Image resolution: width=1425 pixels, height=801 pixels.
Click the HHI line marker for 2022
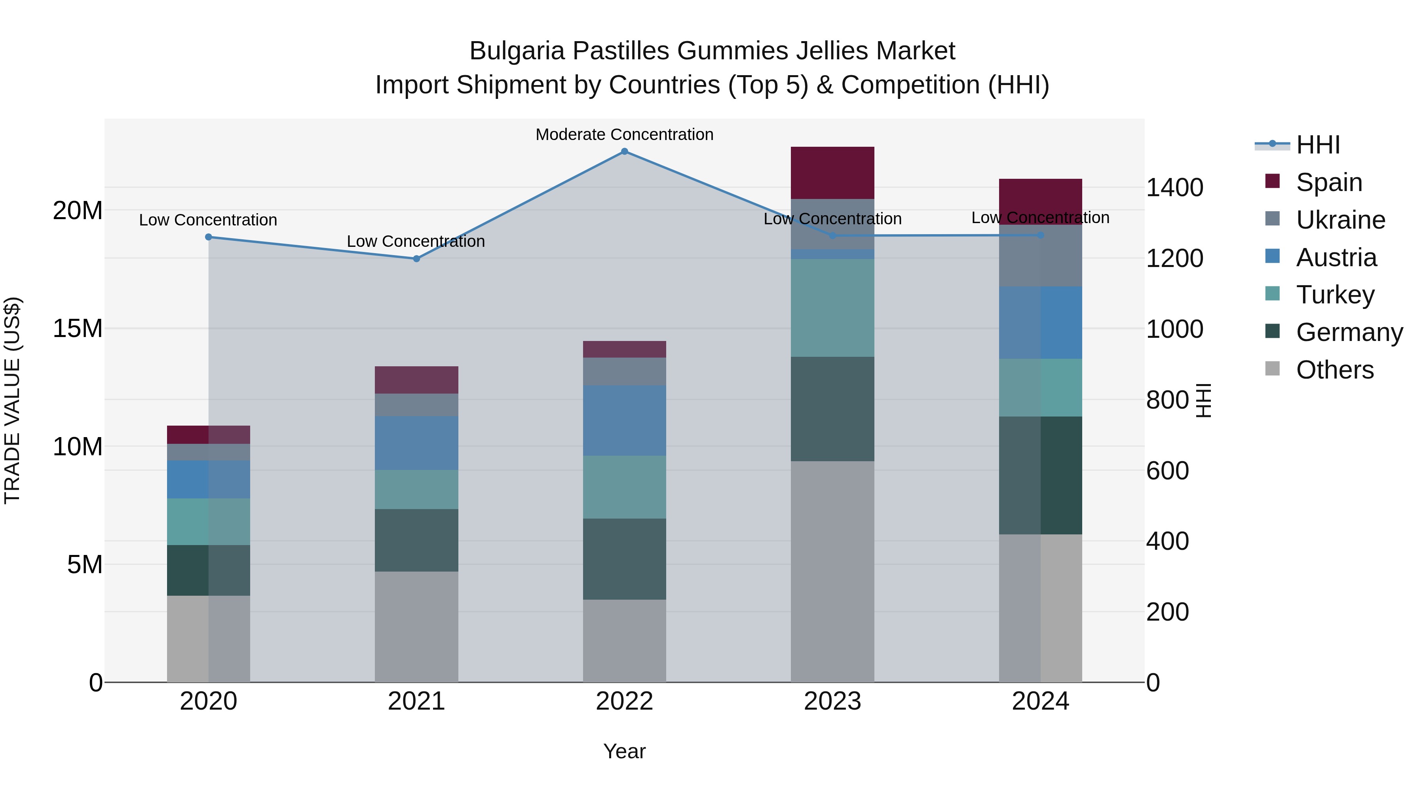click(625, 151)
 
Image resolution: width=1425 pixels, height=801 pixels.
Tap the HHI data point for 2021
click(416, 259)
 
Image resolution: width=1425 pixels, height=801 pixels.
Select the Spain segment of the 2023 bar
click(832, 172)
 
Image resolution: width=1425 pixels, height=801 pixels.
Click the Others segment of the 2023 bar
click(832, 572)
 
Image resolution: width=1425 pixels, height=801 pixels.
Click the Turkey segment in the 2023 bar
click(832, 308)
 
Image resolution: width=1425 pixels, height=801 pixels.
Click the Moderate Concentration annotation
click(625, 134)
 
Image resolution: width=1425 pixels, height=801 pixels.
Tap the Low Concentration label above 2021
click(416, 242)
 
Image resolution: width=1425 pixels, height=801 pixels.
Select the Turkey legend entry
click(1335, 295)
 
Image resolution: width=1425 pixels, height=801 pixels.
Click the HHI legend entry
click(1318, 145)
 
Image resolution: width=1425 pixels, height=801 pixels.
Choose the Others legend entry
click(1334, 370)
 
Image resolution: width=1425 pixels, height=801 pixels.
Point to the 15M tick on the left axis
click(78, 328)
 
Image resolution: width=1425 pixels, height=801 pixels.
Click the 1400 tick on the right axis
click(1174, 187)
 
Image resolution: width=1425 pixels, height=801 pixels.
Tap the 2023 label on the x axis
click(832, 701)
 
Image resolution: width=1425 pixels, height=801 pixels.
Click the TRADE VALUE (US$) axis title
click(12, 400)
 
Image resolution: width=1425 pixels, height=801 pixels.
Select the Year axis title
click(625, 751)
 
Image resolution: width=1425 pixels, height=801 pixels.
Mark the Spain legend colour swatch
click(1272, 181)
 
